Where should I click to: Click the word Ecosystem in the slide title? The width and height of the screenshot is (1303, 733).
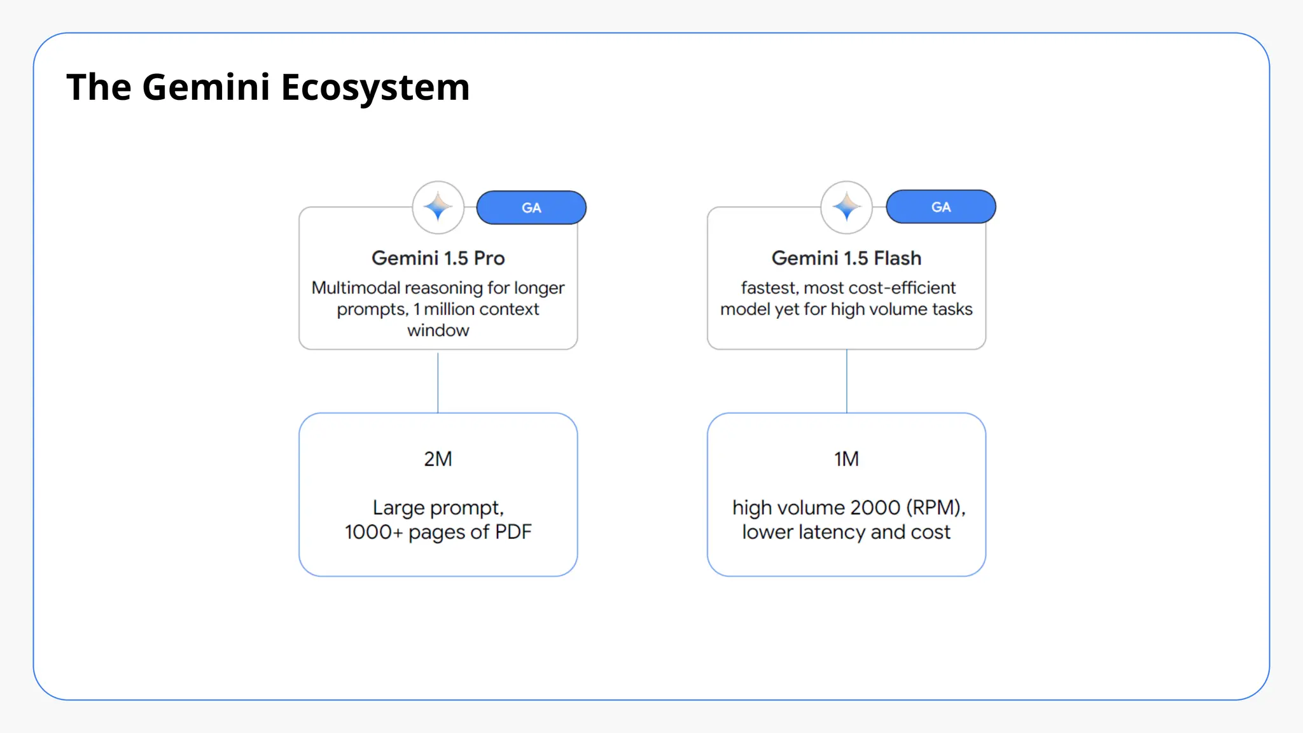click(375, 87)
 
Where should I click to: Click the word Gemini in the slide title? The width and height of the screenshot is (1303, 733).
click(206, 87)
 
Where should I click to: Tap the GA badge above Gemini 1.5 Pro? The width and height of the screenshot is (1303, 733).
click(531, 207)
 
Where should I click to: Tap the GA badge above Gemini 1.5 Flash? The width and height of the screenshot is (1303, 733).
click(940, 207)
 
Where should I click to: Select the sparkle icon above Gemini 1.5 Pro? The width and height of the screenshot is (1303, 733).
click(438, 207)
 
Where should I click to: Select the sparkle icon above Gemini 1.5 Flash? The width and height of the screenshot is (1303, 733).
click(846, 207)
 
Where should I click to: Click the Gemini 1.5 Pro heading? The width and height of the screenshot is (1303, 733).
click(438, 258)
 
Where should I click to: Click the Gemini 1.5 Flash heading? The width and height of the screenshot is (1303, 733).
click(846, 258)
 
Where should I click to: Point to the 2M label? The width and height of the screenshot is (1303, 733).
click(438, 459)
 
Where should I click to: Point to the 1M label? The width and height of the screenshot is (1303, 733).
click(846, 459)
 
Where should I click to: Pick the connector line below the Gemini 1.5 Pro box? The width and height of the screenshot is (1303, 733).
click(438, 381)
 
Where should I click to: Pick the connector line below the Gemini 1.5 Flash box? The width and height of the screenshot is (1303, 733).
click(847, 381)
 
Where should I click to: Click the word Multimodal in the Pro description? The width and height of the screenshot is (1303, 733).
click(356, 288)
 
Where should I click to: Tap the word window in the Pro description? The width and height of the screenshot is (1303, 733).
click(438, 330)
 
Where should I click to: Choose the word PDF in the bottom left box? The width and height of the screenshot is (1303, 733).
click(513, 532)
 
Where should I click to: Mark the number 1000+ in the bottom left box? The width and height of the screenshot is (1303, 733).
click(373, 532)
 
